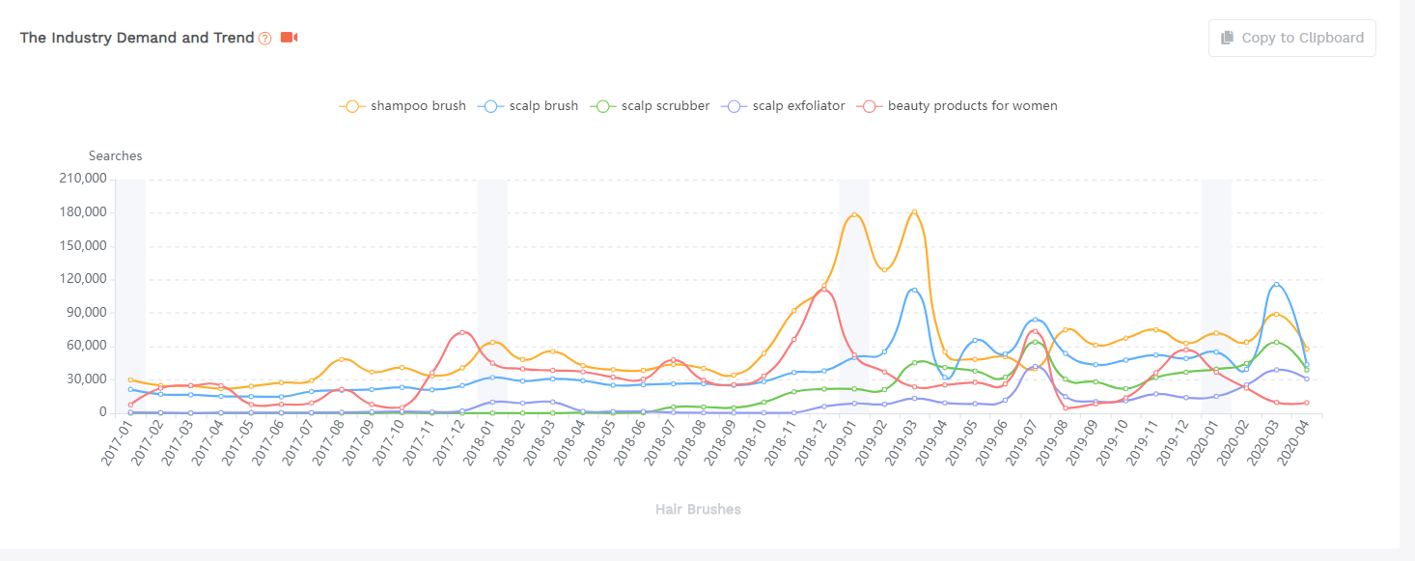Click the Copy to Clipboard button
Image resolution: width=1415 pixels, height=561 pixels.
pos(1291,38)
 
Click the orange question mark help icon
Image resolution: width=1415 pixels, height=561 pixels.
pos(265,39)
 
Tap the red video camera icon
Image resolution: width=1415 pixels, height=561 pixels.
pos(289,38)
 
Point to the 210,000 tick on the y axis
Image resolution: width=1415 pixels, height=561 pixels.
pos(83,179)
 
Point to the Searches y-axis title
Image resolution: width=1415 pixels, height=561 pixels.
pos(115,155)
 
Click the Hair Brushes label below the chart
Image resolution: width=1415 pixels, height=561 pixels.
pos(698,509)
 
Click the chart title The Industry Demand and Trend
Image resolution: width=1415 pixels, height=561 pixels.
pos(137,38)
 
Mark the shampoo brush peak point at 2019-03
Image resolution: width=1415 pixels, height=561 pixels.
pos(914,211)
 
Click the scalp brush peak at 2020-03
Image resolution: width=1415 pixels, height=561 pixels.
pos(1276,284)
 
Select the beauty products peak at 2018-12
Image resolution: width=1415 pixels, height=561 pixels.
pos(823,289)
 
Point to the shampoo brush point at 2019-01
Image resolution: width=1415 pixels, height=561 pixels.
pos(853,215)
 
